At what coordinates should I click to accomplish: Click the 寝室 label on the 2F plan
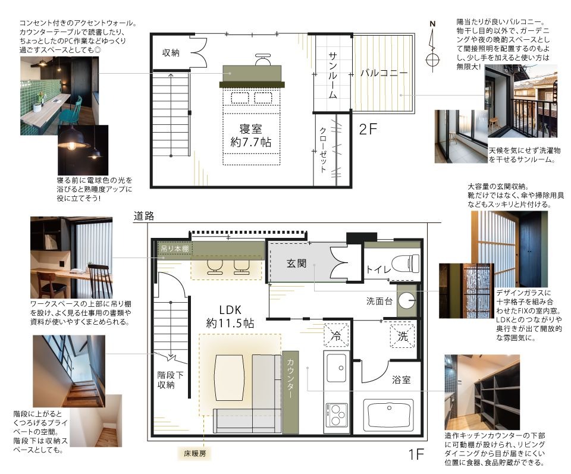click(250, 129)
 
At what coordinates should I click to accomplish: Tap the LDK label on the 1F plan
click(230, 310)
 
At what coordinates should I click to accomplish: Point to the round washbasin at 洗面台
click(406, 301)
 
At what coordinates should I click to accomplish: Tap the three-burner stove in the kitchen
click(337, 415)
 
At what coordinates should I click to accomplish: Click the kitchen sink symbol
click(337, 368)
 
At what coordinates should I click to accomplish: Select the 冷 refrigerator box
click(336, 335)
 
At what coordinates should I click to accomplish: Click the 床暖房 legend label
click(194, 454)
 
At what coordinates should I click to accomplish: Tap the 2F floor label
click(368, 129)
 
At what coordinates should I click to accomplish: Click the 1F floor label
click(416, 454)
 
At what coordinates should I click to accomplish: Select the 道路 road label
click(144, 216)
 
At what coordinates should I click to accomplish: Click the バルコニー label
click(384, 73)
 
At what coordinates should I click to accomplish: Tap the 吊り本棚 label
click(175, 249)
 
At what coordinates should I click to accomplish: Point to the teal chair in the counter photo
click(73, 111)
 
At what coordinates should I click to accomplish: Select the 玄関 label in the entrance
click(296, 263)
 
